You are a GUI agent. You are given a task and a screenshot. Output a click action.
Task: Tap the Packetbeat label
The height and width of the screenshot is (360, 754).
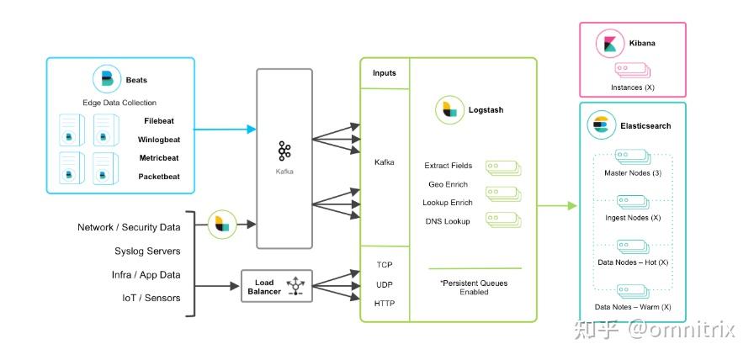(x=159, y=177)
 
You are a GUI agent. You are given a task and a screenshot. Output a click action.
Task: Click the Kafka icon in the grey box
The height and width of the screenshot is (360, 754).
(x=284, y=151)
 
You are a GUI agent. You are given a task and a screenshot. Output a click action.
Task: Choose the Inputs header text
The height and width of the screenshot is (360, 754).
(x=385, y=73)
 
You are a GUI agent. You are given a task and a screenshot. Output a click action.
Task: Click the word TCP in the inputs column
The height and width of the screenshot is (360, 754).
(x=385, y=264)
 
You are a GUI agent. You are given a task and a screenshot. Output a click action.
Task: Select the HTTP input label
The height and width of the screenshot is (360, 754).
(x=385, y=303)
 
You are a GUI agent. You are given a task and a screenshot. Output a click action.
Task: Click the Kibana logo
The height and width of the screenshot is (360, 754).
(x=609, y=43)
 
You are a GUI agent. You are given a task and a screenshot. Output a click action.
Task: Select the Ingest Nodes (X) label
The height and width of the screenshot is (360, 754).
(x=633, y=218)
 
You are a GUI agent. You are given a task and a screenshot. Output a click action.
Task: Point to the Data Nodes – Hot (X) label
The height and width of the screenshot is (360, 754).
(x=633, y=262)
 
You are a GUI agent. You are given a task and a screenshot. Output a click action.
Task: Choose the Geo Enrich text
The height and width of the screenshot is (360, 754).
(x=448, y=184)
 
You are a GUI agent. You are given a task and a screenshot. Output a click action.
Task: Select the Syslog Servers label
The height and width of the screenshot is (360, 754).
(x=147, y=251)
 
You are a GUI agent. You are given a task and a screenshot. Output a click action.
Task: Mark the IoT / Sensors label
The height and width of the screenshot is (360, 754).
(x=151, y=298)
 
